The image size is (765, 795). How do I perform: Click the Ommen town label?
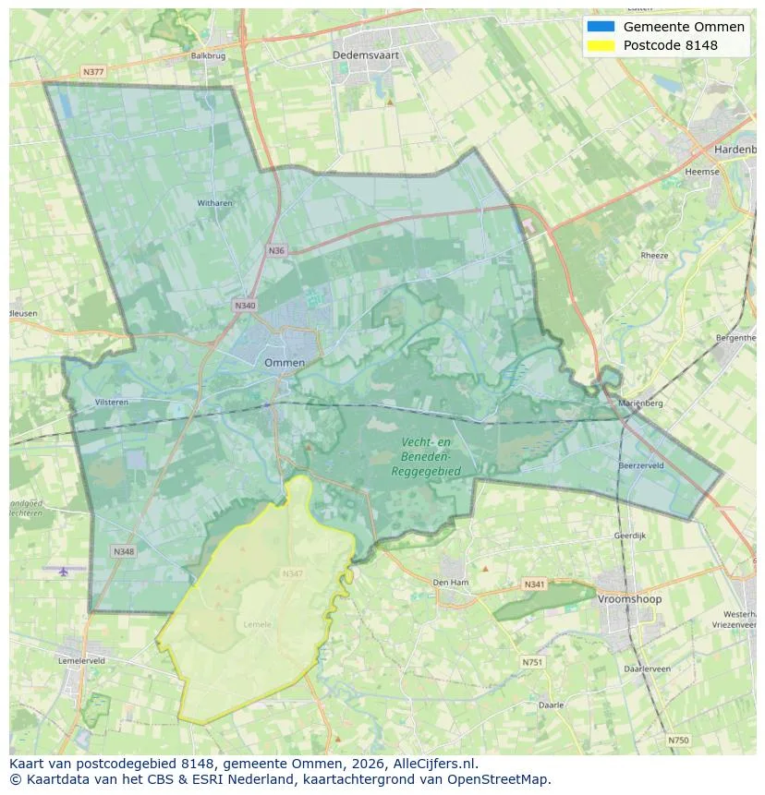tap(284, 363)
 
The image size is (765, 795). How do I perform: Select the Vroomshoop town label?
tap(629, 599)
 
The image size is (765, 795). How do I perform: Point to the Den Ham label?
tap(452, 583)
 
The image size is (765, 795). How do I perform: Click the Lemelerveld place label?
tap(81, 661)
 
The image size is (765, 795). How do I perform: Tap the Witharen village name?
tap(214, 203)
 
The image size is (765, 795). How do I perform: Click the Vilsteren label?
tap(111, 403)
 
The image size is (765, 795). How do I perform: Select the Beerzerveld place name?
tap(641, 466)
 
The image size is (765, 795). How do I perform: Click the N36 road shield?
tap(276, 250)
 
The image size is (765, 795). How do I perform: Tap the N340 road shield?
tap(244, 305)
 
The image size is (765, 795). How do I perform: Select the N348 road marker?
tap(124, 551)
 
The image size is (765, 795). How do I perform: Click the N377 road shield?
tap(92, 71)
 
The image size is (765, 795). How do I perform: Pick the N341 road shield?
tap(534, 584)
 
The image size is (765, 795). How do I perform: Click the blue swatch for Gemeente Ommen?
tap(600, 27)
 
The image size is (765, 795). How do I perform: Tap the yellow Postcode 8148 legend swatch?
tap(600, 45)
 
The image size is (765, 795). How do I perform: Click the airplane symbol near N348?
tap(63, 571)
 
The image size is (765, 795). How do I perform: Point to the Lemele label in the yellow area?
tap(258, 624)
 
